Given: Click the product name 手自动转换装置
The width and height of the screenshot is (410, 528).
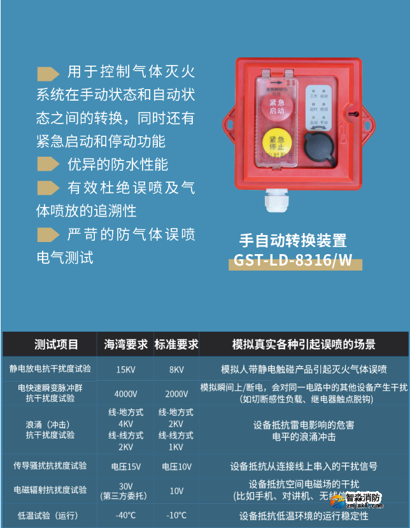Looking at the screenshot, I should pos(293,240).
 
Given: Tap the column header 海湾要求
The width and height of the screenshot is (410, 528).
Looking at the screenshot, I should pos(125,345).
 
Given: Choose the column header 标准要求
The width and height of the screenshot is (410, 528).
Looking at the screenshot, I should pos(176,345).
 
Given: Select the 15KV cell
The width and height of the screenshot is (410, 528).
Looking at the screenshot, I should pos(125,369).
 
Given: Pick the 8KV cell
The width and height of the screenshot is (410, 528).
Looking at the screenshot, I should pos(176,369).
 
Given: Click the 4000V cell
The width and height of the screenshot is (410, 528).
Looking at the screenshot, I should pos(125,394).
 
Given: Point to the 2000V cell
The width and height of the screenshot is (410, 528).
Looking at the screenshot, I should pos(176,394).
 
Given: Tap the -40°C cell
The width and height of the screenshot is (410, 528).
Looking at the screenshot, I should pos(125,515).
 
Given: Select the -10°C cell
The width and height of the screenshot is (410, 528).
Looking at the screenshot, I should pos(176,515).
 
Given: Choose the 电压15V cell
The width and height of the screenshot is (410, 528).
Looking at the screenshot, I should pos(125,466).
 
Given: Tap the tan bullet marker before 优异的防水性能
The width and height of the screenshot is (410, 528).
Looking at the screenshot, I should pos(48,164).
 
